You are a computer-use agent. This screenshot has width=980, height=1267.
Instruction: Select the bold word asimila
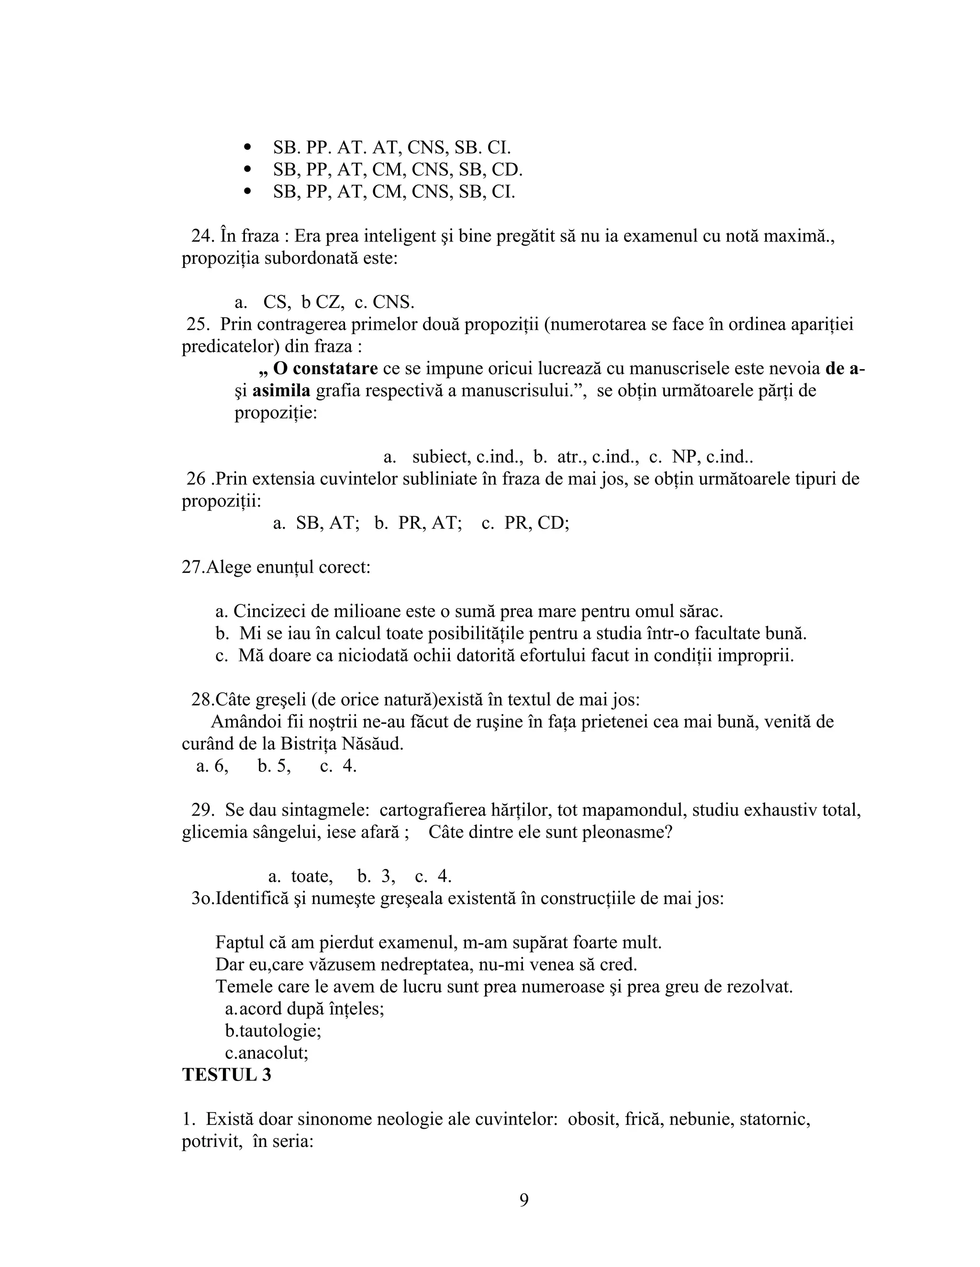281,391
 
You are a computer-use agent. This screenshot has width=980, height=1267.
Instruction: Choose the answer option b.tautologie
273,1031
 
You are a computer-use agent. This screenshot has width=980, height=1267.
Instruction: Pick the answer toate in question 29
312,876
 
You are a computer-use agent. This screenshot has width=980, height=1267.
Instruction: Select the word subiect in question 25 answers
441,457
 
